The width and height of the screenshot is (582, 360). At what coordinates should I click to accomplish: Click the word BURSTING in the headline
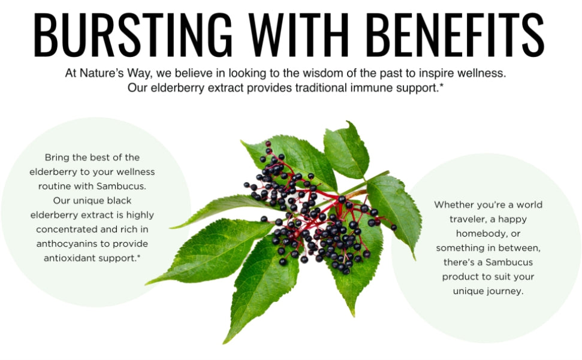pyautogui.click(x=133, y=35)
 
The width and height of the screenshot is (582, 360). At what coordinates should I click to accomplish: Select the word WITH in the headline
pyautogui.click(x=299, y=35)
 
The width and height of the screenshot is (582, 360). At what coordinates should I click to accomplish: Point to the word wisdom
pyautogui.click(x=323, y=73)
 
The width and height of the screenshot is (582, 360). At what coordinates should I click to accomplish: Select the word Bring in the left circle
pyautogui.click(x=57, y=158)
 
